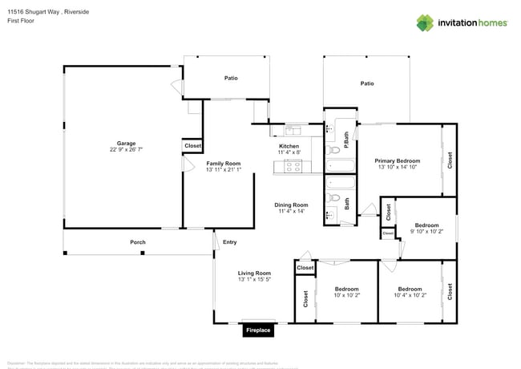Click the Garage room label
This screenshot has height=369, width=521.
tap(126, 144)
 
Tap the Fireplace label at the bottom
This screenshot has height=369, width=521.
tap(258, 330)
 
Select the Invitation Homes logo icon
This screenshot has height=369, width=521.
tap(425, 22)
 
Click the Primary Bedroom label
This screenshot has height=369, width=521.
tap(398, 160)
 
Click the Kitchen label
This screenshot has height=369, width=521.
tap(289, 146)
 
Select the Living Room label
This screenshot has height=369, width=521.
tap(254, 273)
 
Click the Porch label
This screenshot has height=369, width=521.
tap(138, 242)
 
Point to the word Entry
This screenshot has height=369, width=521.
tap(230, 242)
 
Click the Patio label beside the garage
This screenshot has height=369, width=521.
tap(231, 78)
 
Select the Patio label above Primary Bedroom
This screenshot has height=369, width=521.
tap(367, 83)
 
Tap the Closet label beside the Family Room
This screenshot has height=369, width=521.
tap(193, 146)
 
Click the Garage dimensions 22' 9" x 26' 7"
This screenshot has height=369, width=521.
tap(126, 150)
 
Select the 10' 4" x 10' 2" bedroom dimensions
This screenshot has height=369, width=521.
tap(410, 294)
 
